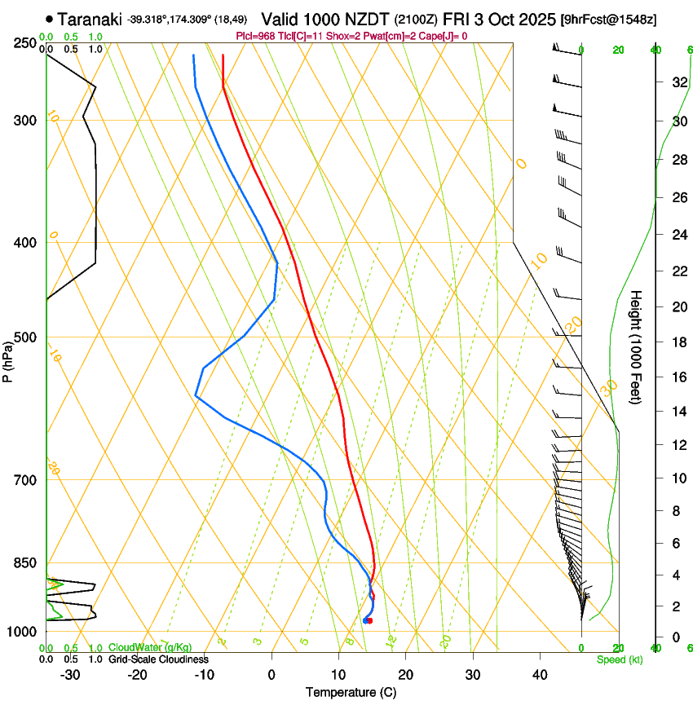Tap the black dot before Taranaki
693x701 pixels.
coord(51,19)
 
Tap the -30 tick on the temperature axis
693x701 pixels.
coord(70,674)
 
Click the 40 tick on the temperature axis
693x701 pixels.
coord(540,674)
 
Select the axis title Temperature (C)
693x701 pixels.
coord(351,692)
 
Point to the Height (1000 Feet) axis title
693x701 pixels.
coord(637,346)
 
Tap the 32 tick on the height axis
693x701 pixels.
coord(677,82)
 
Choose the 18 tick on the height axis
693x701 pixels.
coord(677,342)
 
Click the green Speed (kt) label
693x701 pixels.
coord(620,659)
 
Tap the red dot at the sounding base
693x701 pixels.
coord(370,621)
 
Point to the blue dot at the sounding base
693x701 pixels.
coord(365,621)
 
